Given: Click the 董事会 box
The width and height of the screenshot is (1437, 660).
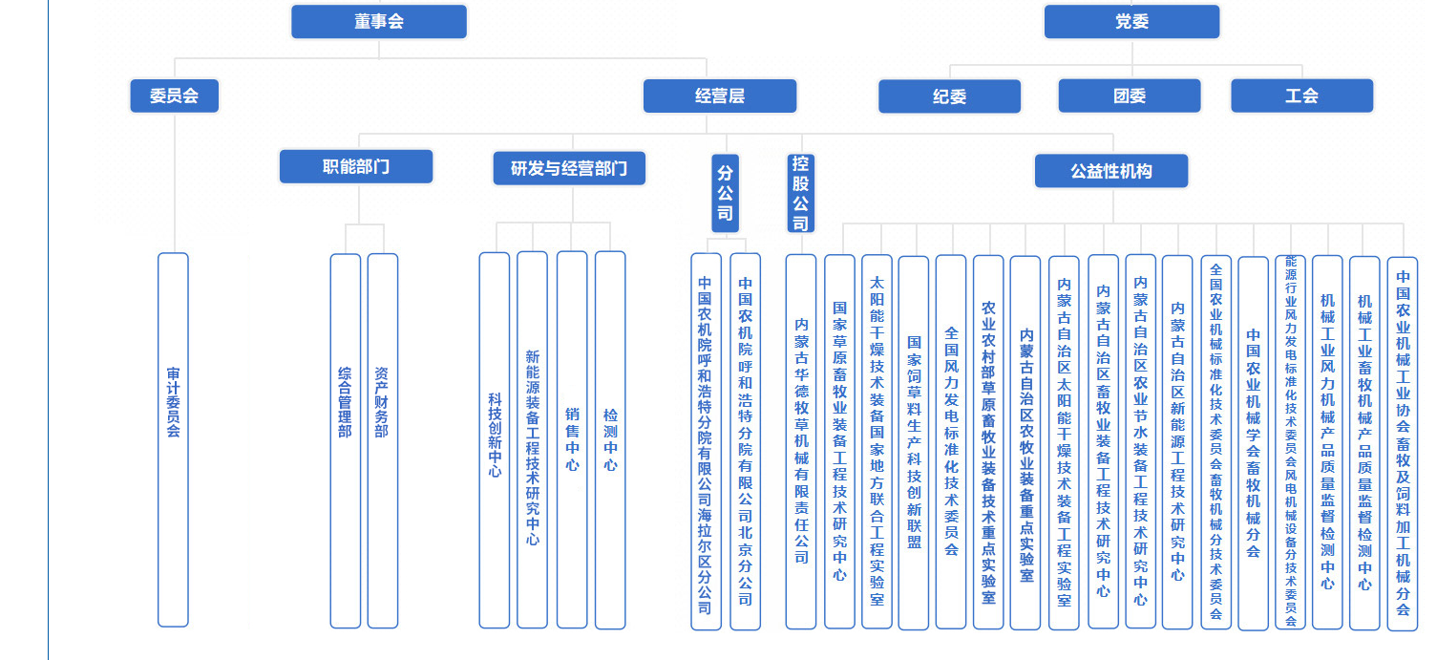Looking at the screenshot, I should click(379, 22).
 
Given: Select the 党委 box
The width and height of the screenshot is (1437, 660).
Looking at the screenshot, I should click(1131, 22).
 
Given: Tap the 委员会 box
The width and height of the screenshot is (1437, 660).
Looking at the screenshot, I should click(175, 96).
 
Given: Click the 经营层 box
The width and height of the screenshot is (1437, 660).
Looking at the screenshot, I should click(720, 96).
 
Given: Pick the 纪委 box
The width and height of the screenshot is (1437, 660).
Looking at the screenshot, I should click(949, 96).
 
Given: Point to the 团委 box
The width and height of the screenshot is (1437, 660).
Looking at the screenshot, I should click(1130, 96).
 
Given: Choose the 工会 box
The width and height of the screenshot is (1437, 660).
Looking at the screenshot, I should click(1301, 96).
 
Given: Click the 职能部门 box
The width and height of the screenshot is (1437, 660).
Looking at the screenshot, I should click(356, 166).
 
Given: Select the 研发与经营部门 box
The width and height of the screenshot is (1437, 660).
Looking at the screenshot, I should click(569, 168).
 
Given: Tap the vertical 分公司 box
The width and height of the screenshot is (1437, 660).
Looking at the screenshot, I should click(725, 193).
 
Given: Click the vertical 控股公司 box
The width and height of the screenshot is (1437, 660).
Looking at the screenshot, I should click(800, 193).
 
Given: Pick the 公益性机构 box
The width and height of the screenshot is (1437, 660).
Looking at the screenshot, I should click(1111, 171).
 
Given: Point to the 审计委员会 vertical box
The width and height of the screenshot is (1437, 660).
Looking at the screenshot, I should click(173, 439).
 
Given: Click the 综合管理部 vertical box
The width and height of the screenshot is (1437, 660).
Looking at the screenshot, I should click(345, 440).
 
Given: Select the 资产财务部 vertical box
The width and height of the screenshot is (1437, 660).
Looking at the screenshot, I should click(382, 440).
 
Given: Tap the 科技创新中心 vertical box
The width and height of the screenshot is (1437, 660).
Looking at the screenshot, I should click(495, 439).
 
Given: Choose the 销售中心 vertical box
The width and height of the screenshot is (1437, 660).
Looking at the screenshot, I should click(572, 439).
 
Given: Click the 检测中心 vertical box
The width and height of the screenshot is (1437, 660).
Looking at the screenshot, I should click(610, 439).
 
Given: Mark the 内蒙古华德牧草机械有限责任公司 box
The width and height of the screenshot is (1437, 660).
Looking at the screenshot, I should click(801, 440).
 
